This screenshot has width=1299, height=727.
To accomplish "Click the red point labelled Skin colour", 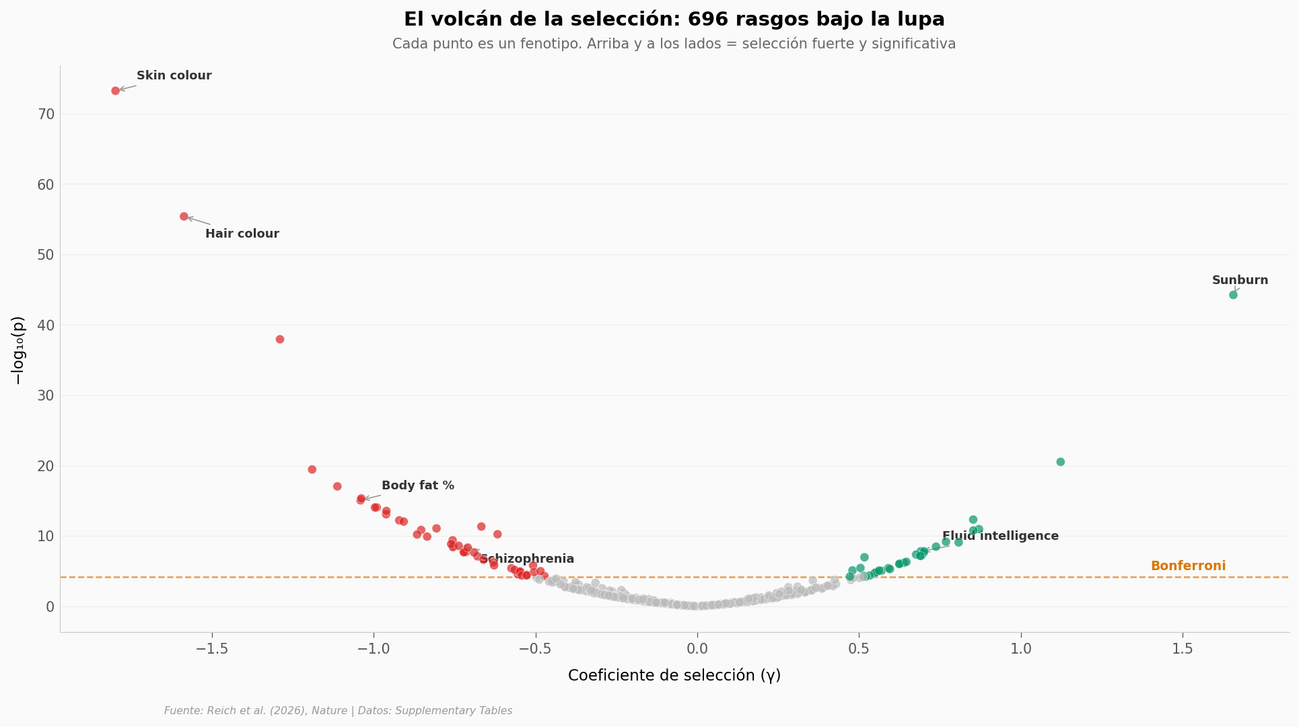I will pyautogui.click(x=116, y=91).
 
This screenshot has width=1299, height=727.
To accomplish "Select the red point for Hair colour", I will pyautogui.click(x=184, y=217).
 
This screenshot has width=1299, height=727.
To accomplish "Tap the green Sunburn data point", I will pyautogui.click(x=1233, y=295).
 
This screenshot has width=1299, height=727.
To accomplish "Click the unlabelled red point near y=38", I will pyautogui.click(x=280, y=339).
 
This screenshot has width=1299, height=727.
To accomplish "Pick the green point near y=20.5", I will pyautogui.click(x=1061, y=462).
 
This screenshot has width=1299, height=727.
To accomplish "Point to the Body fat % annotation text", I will pyautogui.click(x=418, y=486).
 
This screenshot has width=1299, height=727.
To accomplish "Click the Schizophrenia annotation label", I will pyautogui.click(x=527, y=559).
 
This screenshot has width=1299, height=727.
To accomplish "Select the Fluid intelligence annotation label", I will pyautogui.click(x=1000, y=536).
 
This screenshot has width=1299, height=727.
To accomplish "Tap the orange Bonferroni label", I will pyautogui.click(x=1188, y=567).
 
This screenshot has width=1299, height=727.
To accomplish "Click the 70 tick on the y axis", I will pyautogui.click(x=46, y=114).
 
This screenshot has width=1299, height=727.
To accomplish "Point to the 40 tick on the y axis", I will pyautogui.click(x=46, y=325).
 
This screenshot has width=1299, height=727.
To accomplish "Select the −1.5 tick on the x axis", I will pyautogui.click(x=211, y=650).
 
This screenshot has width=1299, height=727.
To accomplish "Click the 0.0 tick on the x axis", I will pyautogui.click(x=697, y=650).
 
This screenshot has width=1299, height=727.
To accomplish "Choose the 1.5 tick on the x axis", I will pyautogui.click(x=1183, y=650).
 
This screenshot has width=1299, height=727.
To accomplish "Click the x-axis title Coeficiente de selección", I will pyautogui.click(x=674, y=676).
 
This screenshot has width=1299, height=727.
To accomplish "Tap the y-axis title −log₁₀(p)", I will pyautogui.click(x=18, y=350).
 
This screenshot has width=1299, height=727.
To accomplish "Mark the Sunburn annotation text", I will pyautogui.click(x=1240, y=281).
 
